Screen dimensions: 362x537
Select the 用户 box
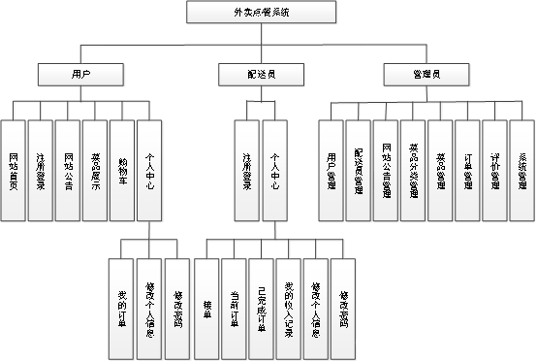tap(80, 73)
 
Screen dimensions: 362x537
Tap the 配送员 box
tap(248, 73)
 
